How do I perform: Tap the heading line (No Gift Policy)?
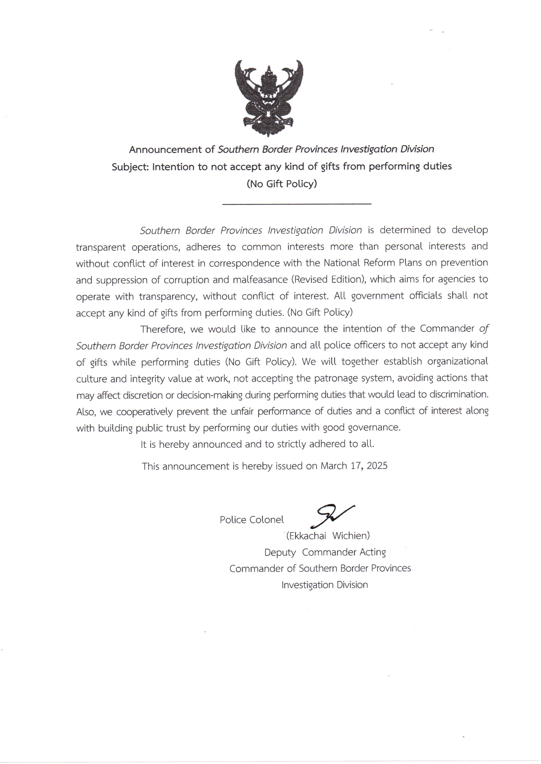coord(282,184)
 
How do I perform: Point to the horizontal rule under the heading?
coord(297,203)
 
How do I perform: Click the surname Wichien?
coord(351,536)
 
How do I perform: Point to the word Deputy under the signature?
coord(280,552)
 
